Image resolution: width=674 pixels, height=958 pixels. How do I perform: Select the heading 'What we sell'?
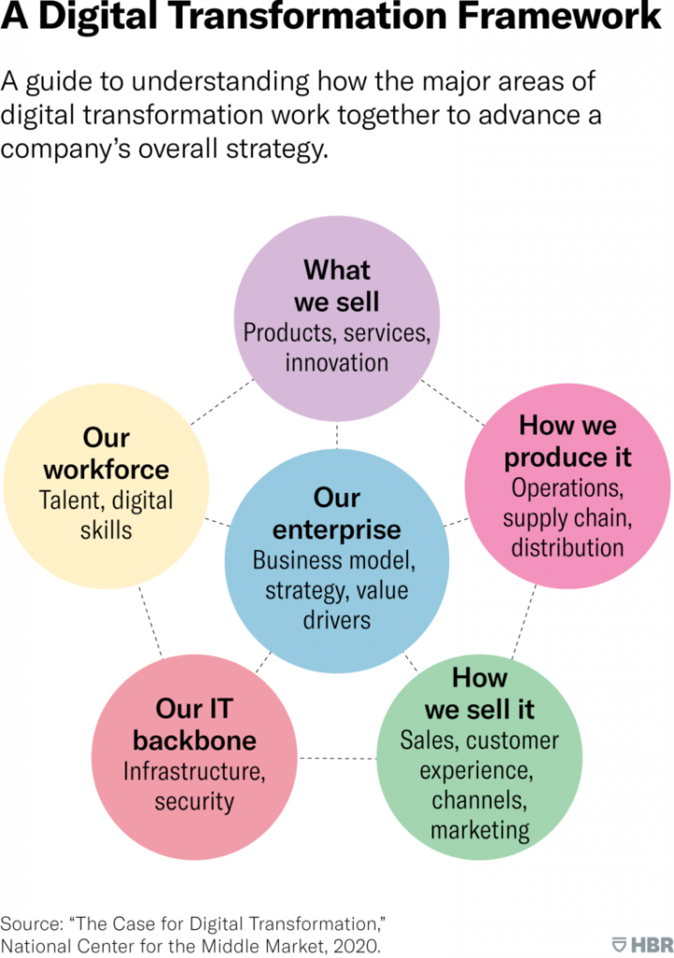(x=336, y=285)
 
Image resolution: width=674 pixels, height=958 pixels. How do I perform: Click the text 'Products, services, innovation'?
(x=336, y=346)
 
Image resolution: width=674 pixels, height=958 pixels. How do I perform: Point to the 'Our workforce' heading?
(x=106, y=453)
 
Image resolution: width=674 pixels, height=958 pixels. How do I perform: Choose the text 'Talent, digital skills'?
(x=106, y=515)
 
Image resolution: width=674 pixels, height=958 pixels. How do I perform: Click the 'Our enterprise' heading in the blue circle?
(x=336, y=513)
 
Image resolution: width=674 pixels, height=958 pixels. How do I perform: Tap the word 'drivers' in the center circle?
(x=336, y=618)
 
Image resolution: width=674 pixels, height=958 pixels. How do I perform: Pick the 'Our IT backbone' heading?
(x=195, y=724)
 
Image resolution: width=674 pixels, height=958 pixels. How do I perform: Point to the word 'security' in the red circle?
(x=195, y=801)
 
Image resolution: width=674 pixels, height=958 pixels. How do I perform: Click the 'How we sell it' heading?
(x=479, y=693)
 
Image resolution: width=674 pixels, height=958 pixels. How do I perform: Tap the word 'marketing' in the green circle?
(x=479, y=829)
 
